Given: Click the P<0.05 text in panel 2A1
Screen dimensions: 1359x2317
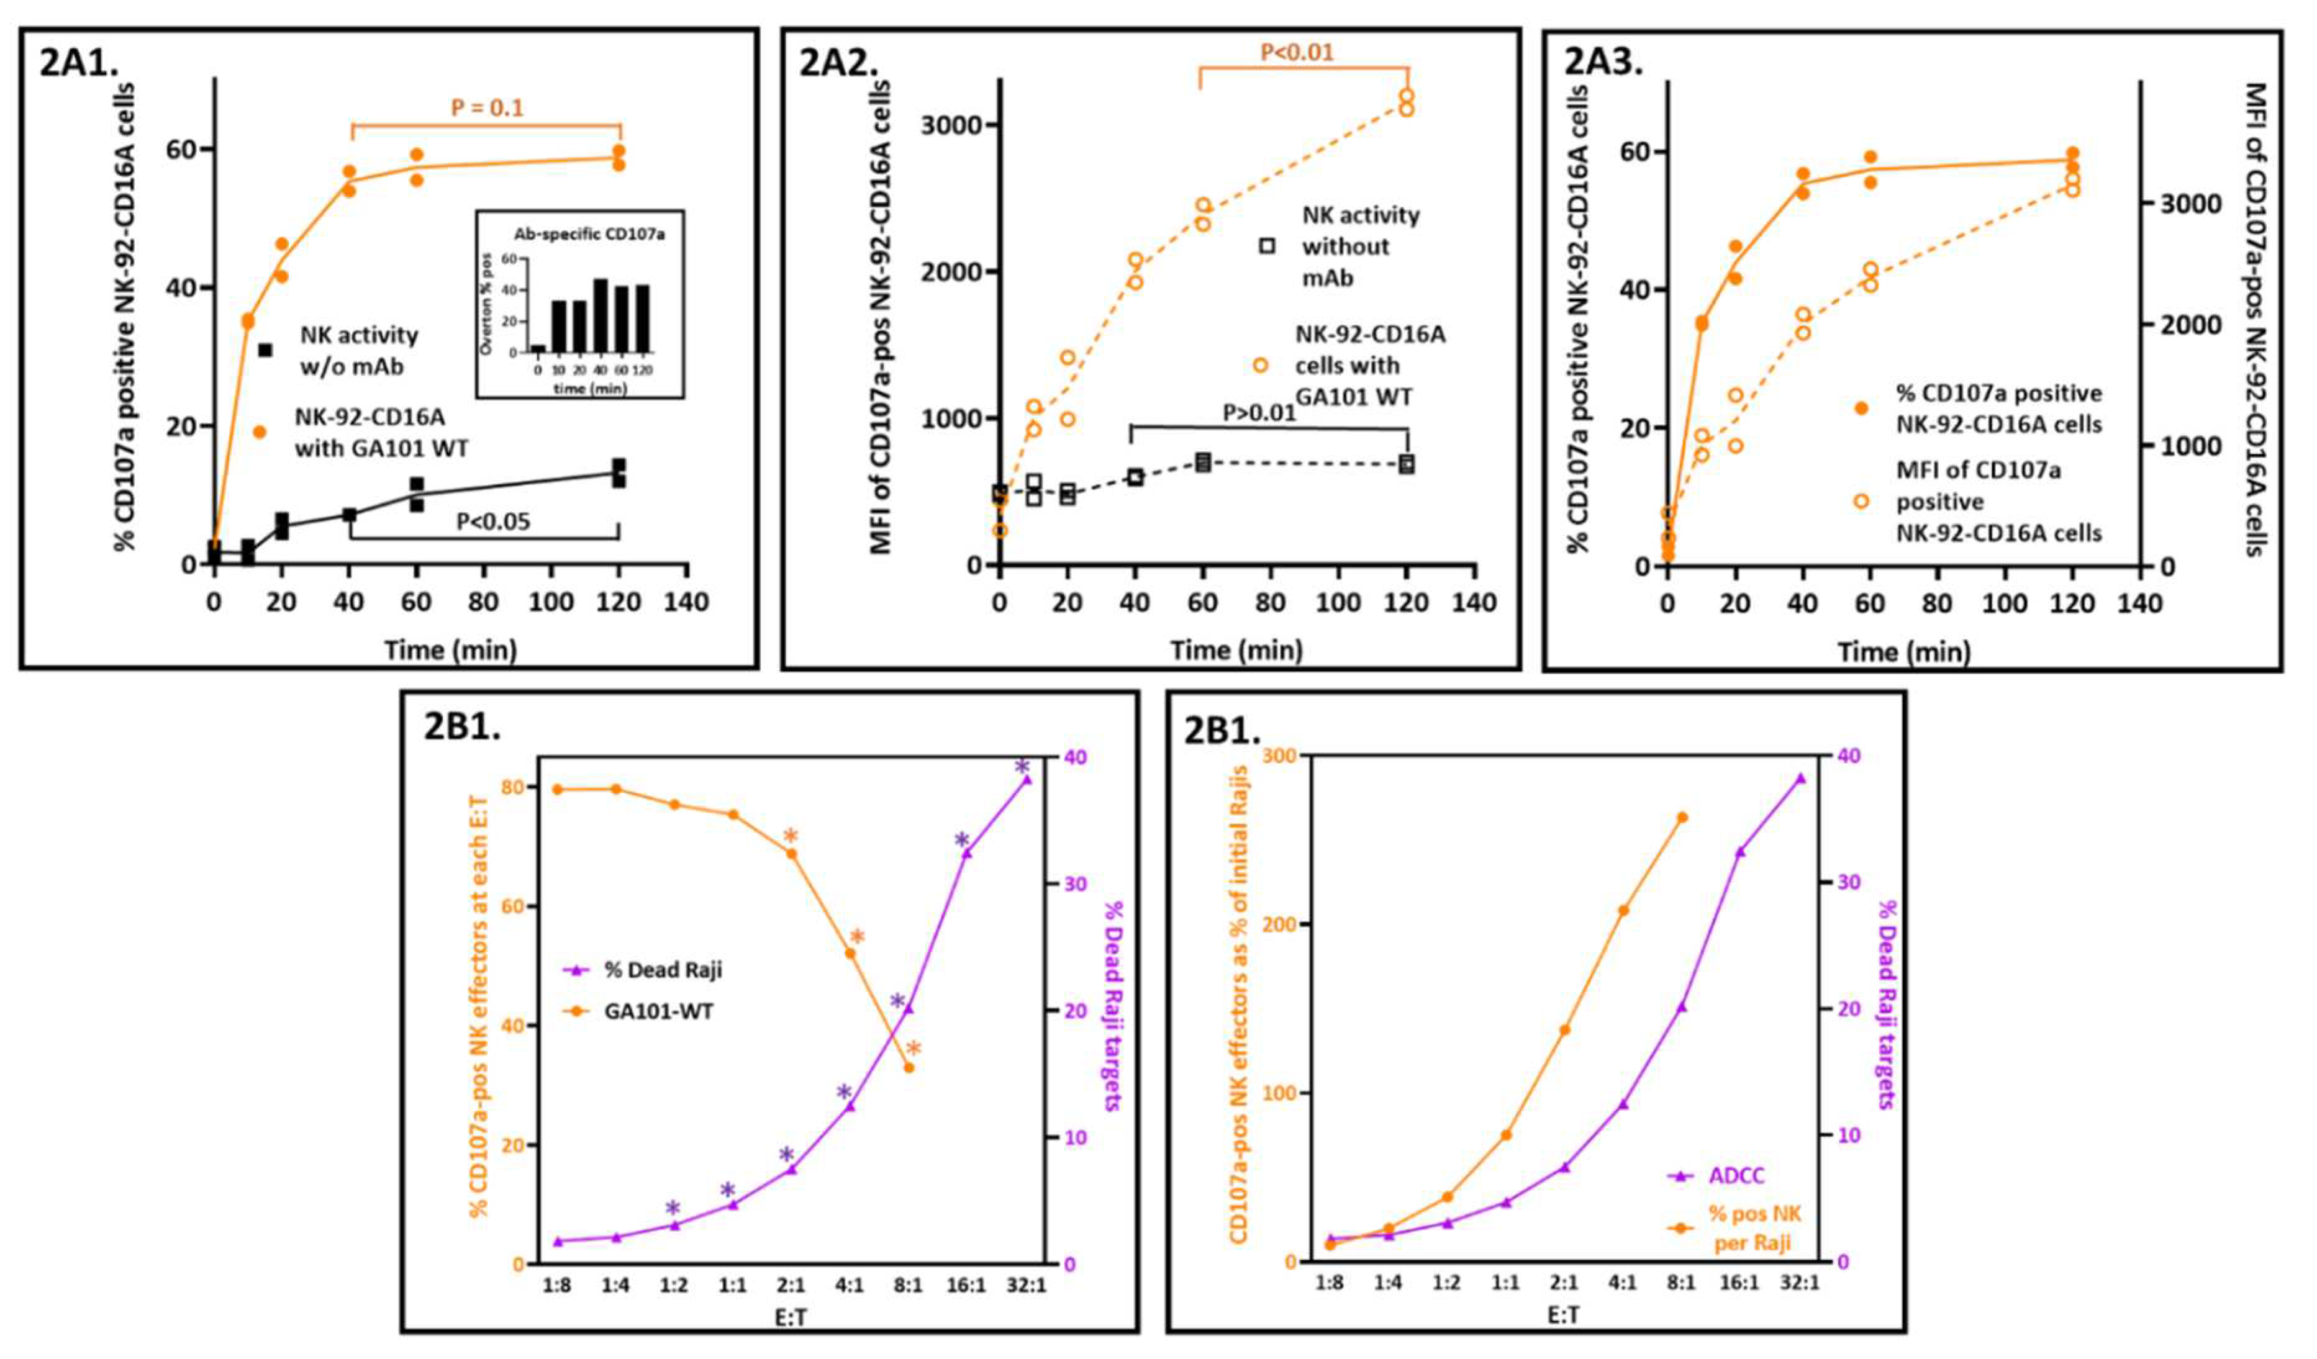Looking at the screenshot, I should click(494, 521).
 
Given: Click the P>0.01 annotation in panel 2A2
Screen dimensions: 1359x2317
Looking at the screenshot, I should click(1259, 412).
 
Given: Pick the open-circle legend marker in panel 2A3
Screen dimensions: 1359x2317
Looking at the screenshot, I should click(1861, 501).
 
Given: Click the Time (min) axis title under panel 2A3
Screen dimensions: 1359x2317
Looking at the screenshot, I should click(1903, 652).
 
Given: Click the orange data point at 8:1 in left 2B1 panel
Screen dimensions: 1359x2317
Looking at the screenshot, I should click(909, 1068).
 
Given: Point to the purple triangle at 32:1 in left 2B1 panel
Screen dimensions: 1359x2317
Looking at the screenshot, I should click(1027, 780).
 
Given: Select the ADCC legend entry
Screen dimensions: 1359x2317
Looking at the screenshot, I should click(1736, 1176).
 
